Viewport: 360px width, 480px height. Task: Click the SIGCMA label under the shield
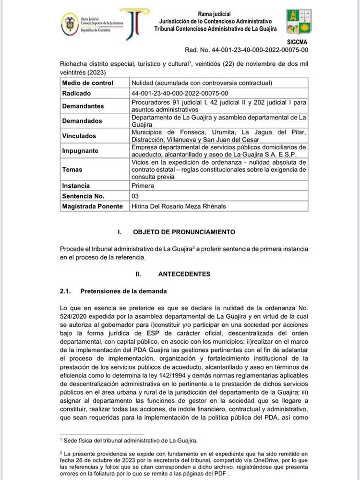[x=298, y=42]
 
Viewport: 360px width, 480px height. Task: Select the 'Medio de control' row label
[x=87, y=83]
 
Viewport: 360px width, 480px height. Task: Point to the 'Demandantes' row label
[x=83, y=106]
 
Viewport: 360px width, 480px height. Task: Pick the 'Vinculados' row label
[x=79, y=136]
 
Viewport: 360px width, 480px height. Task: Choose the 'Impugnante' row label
[x=80, y=151]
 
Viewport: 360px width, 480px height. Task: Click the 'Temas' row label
[x=72, y=169]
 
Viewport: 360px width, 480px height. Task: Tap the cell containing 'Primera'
[x=143, y=186]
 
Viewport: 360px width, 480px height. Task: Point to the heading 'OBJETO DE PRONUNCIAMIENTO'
[x=184, y=232]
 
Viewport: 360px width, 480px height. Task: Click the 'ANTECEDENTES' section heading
[x=184, y=274]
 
